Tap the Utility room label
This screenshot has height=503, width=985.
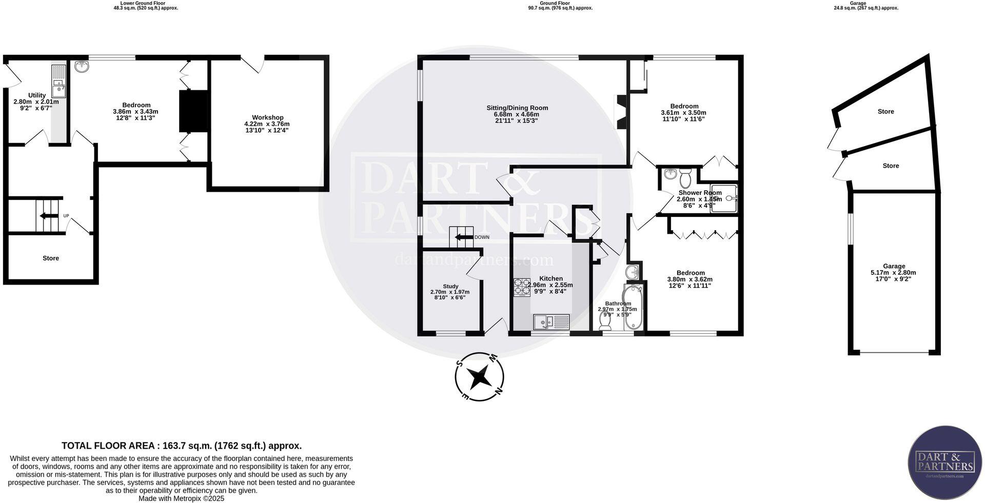click(37, 95)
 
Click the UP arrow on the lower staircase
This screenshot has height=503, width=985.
click(49, 216)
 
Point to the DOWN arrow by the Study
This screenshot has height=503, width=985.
click(464, 237)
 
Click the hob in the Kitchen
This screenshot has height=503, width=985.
click(522, 288)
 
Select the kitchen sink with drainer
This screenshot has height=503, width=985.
click(551, 322)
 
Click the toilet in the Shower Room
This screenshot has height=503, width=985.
click(685, 179)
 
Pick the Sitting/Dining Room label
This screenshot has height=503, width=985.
click(517, 108)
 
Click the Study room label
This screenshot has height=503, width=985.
click(450, 287)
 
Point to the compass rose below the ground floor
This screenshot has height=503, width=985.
click(479, 377)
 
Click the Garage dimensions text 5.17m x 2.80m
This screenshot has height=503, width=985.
click(893, 273)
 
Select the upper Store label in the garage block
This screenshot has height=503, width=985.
click(885, 111)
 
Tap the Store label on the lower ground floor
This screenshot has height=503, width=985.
click(51, 258)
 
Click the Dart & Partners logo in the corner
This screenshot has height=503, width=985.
click(944, 462)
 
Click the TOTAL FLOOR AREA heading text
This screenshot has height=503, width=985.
click(182, 446)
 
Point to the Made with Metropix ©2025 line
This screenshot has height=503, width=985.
click(181, 498)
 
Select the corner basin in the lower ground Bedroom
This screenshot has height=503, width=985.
click(82, 67)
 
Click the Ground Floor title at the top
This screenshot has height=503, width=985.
click(555, 3)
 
